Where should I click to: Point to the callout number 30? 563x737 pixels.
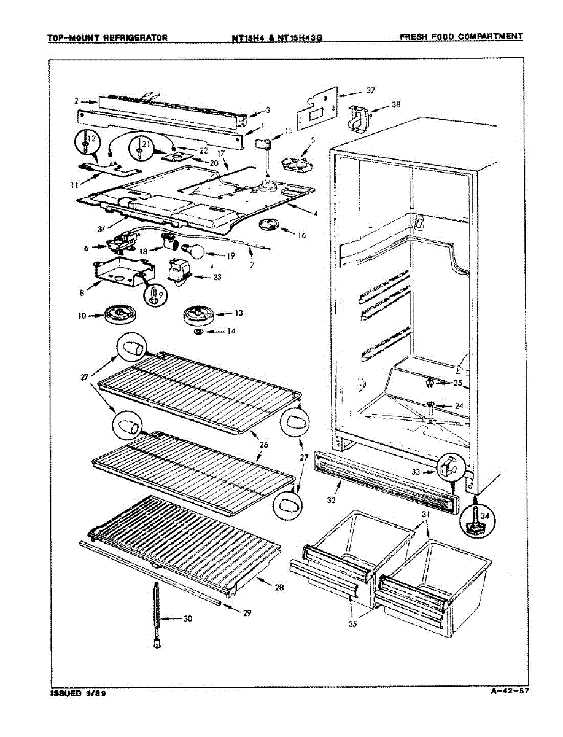tap(187, 618)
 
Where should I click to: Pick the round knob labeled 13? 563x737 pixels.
tap(198, 316)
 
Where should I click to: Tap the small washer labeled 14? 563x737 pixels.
tap(199, 332)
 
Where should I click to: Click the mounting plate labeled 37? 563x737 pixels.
tap(317, 109)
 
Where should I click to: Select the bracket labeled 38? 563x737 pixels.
tap(357, 117)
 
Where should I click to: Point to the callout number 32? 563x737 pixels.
tap(332, 500)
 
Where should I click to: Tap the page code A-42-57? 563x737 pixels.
tap(510, 692)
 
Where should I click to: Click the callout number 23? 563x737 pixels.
tap(217, 276)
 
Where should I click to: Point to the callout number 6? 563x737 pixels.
tap(87, 247)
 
